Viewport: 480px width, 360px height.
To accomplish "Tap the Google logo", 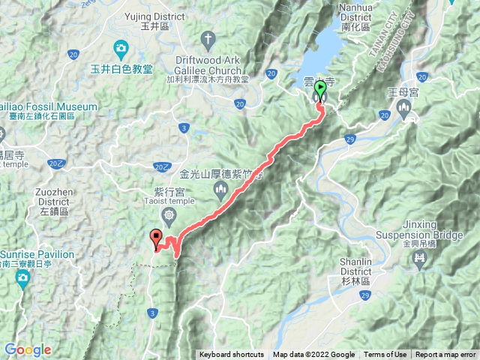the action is pos(27,349).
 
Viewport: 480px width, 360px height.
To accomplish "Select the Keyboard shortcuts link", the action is pos(232,355).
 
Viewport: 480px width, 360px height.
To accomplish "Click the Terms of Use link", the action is pos(385,355).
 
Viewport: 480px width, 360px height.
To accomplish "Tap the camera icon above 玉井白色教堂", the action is pos(121,50).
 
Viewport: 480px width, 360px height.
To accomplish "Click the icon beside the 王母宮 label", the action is pos(406,110).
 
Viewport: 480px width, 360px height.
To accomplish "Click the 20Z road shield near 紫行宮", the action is pos(160,166).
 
